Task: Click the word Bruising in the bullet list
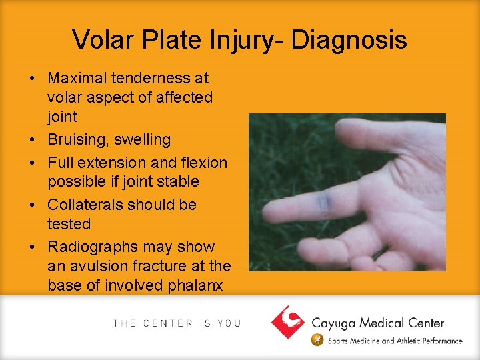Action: point(75,140)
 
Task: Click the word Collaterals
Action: point(86,205)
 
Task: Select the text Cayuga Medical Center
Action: point(377,323)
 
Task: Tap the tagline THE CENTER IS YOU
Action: point(177,323)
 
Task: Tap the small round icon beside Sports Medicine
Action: point(319,341)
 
